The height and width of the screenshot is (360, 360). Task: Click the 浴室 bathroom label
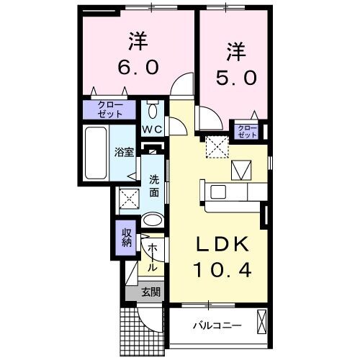coord(124,152)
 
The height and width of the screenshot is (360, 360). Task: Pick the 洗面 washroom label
coord(155,186)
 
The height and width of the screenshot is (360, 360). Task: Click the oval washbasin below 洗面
coord(153,220)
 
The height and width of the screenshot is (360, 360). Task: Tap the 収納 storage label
coord(126,238)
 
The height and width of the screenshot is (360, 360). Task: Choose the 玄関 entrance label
coord(150,292)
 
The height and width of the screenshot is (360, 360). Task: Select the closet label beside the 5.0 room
coord(248,131)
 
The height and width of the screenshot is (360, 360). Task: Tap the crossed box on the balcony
coord(261,320)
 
